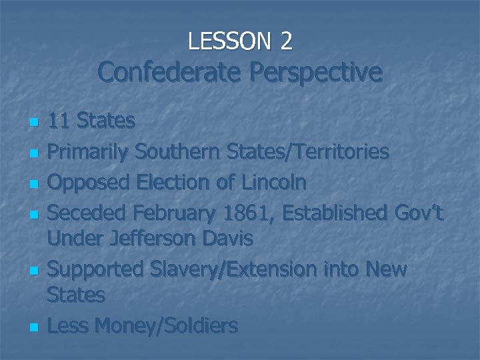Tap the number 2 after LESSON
(x=286, y=41)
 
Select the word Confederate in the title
(x=170, y=72)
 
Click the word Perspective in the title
(x=317, y=72)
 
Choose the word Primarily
(x=89, y=152)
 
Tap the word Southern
(x=178, y=152)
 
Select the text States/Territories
(x=307, y=152)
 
